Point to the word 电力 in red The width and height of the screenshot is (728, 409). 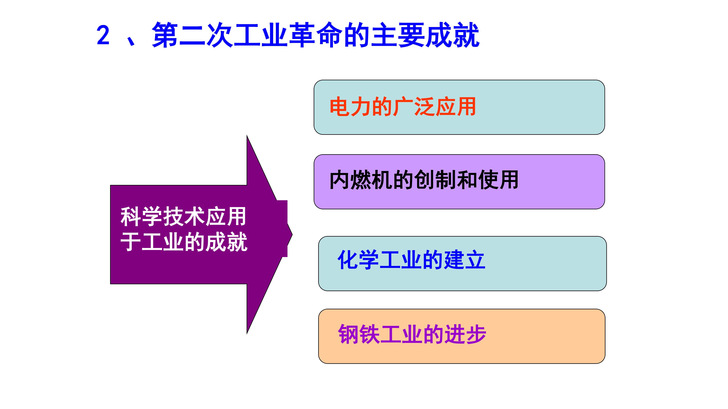pos(350,107)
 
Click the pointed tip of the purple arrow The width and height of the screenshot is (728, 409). pos(292,234)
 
